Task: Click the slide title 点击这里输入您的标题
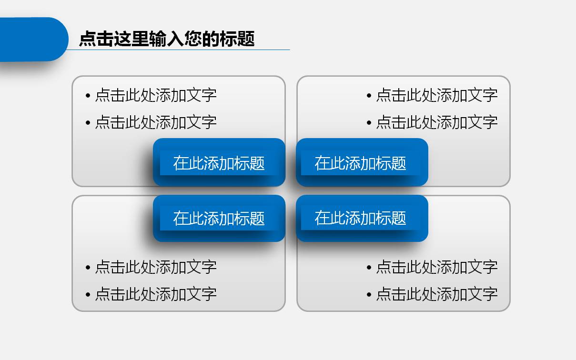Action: tap(167, 39)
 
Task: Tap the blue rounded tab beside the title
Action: tap(34, 40)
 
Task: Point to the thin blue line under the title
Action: tap(178, 50)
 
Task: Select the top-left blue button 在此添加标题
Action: tap(219, 162)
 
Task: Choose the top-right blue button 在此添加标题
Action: tap(362, 162)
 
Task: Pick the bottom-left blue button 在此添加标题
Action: tap(219, 218)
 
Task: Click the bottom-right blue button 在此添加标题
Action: tap(362, 218)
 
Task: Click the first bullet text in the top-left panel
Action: tap(156, 95)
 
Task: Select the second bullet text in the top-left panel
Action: tap(156, 122)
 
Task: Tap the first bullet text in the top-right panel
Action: tap(437, 95)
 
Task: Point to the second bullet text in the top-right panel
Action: tap(437, 122)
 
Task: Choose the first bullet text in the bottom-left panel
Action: tap(156, 267)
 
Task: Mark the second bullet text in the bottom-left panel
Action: tap(156, 294)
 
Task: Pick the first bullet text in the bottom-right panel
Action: tap(437, 267)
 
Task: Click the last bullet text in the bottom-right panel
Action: tap(437, 294)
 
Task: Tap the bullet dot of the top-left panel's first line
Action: tap(88, 96)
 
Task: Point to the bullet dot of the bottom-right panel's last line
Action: tap(369, 294)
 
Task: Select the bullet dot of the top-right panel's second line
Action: tap(369, 123)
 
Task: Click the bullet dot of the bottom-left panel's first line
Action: tap(88, 268)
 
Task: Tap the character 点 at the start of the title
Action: tap(88, 39)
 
